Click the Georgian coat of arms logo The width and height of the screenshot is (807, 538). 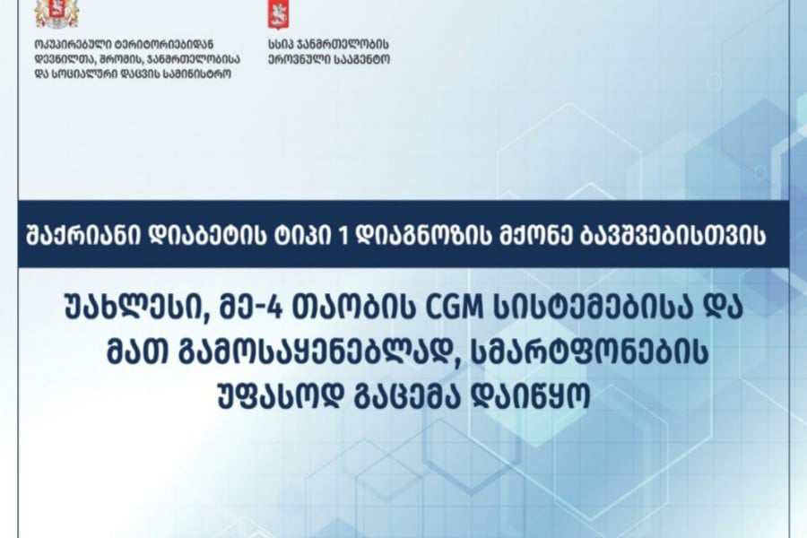[x=56, y=13]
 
